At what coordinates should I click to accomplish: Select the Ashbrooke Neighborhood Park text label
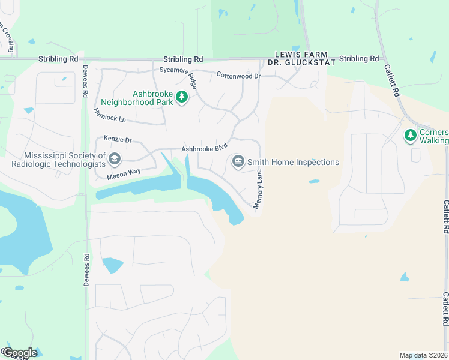coord(137,98)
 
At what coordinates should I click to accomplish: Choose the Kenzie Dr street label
coord(117,139)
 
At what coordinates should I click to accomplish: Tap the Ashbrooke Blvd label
coord(205,147)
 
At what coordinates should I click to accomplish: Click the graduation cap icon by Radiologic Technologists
coord(115,159)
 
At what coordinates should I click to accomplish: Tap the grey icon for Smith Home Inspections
coord(238,161)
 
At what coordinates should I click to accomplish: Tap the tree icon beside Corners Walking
coord(411,136)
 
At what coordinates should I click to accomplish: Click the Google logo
coord(19,353)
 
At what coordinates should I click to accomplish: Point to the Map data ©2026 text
coord(423,355)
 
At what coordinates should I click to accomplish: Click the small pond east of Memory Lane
coord(314,181)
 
